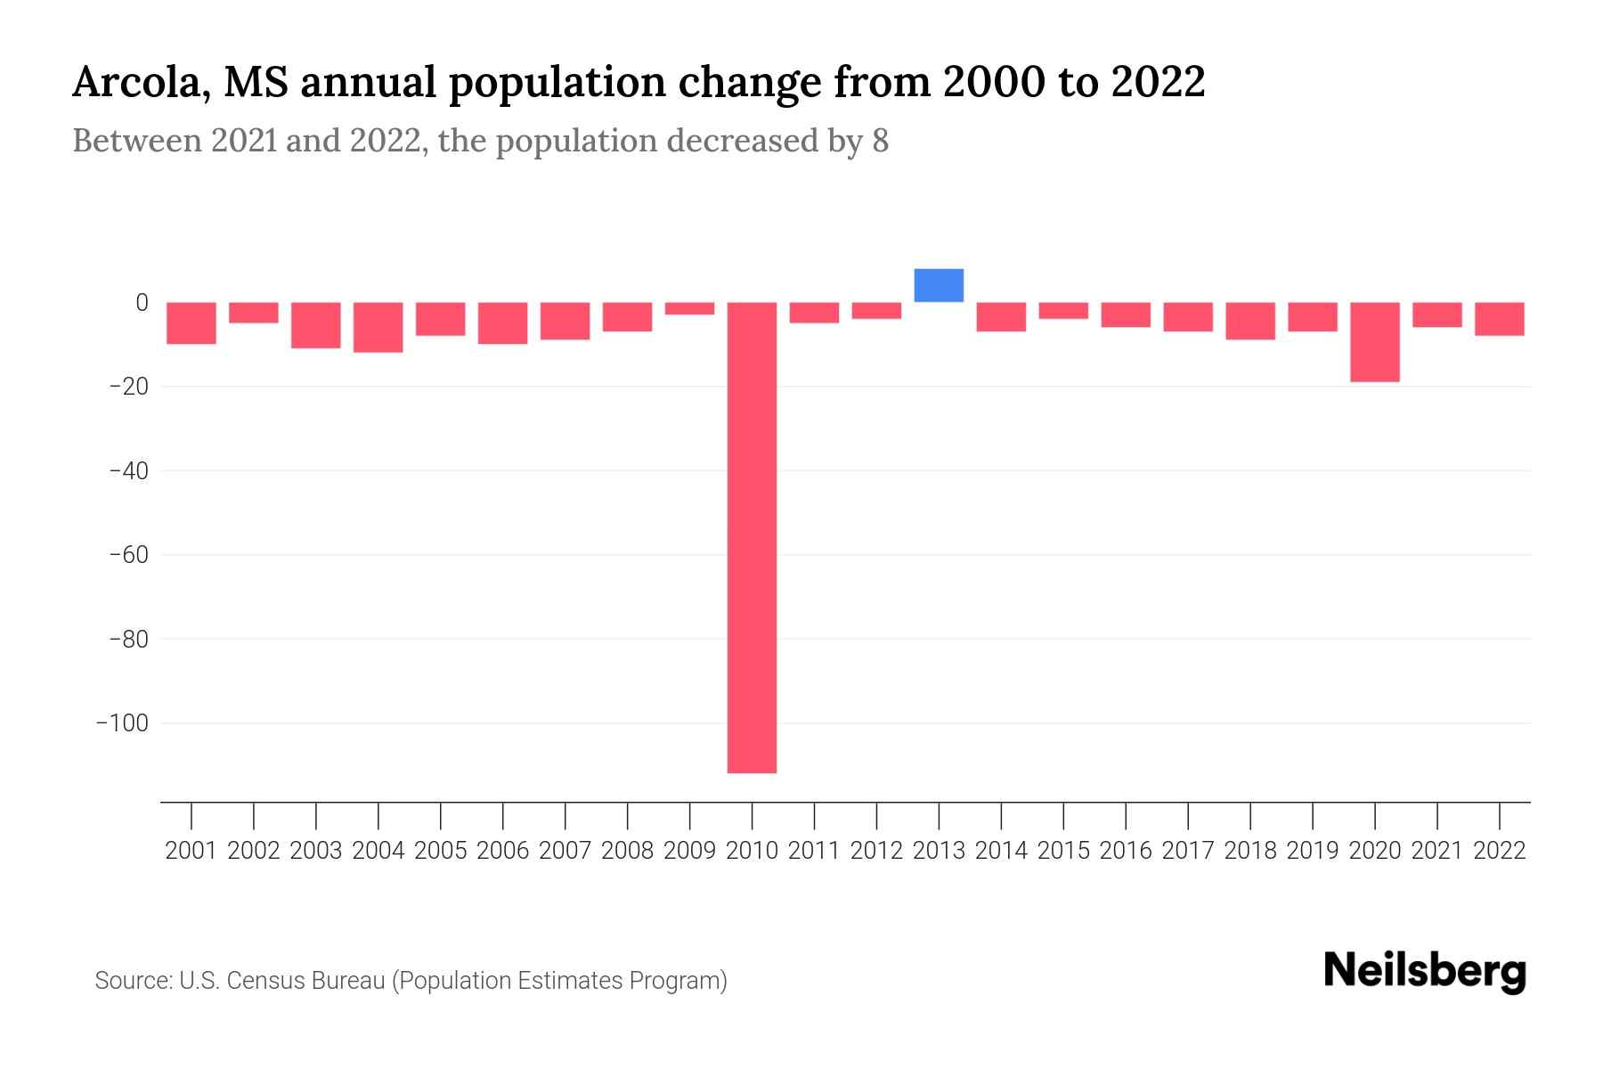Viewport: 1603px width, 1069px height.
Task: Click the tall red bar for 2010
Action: tap(752, 537)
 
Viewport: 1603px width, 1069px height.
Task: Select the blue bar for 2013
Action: tap(939, 285)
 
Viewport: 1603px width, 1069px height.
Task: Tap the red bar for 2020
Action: tap(1374, 342)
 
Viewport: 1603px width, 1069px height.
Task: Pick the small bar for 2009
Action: tap(689, 308)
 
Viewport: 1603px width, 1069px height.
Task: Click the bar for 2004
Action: tap(378, 327)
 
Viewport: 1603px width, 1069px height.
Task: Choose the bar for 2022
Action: tap(1499, 319)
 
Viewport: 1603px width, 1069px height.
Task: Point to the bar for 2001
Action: tap(191, 322)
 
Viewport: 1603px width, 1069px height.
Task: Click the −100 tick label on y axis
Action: tap(122, 722)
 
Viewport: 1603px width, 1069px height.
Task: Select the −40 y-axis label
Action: tap(128, 470)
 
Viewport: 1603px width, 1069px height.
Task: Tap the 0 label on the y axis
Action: tap(142, 303)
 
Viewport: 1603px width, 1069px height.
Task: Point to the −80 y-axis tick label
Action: tap(128, 639)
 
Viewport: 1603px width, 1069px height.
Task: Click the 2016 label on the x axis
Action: tap(1126, 851)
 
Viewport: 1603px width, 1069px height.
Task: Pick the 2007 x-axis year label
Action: tap(565, 851)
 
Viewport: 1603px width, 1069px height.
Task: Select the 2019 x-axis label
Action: tap(1312, 851)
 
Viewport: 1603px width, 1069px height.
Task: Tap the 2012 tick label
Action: tap(876, 851)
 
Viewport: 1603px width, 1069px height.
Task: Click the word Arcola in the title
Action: tap(140, 83)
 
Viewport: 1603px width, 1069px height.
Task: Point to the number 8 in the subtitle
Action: tap(880, 142)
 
